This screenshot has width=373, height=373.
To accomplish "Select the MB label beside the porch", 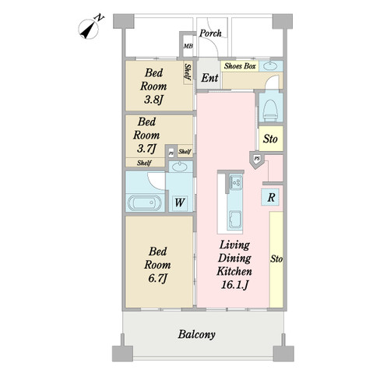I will point(187,48).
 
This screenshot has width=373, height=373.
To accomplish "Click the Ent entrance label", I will point(209,79).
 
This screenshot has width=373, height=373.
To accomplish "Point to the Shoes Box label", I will point(240,67).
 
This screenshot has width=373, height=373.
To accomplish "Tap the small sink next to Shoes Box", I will point(270,67).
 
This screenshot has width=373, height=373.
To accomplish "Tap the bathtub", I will point(143,204).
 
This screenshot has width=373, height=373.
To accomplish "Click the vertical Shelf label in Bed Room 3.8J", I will point(188,73).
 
